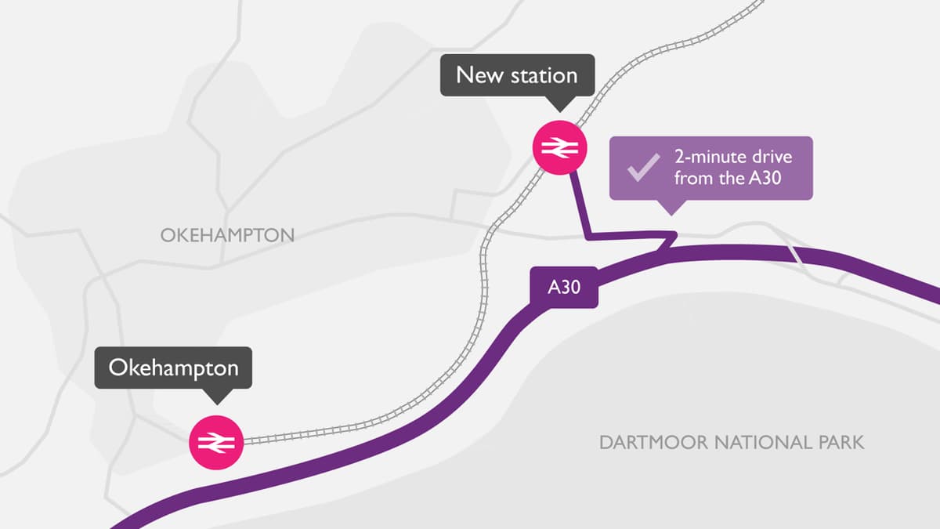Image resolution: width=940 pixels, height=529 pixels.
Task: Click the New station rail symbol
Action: click(558, 147)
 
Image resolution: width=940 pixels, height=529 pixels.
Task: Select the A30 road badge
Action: click(564, 287)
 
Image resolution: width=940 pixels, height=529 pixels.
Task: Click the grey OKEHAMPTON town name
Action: click(227, 235)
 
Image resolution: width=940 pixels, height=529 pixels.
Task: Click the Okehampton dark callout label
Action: click(173, 368)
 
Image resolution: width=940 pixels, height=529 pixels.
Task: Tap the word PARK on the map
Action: click(841, 443)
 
